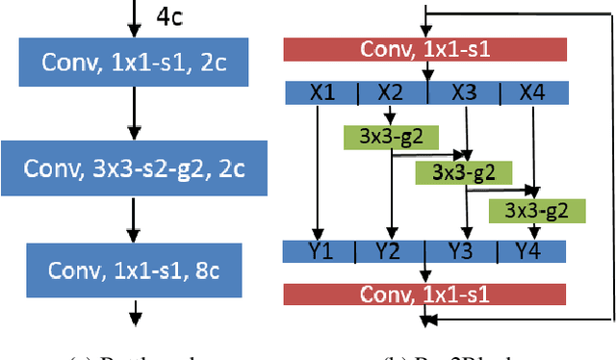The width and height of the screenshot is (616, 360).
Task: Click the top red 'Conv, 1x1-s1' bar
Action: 424,49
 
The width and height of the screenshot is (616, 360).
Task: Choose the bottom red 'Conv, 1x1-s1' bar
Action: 424,292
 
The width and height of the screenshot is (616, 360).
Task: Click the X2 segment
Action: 390,92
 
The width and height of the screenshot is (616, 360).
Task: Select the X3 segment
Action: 463,92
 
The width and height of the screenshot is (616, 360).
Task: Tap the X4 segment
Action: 531,92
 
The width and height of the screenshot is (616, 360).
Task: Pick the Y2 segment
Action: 390,253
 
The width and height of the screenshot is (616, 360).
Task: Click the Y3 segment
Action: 463,253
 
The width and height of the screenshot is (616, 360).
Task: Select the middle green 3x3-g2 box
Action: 450,172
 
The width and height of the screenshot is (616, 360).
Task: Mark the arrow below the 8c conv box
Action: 136,311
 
